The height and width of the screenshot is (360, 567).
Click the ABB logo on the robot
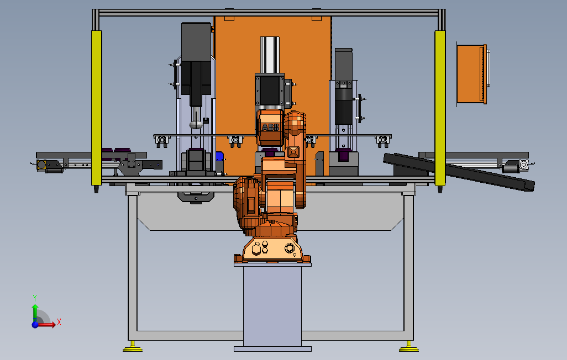(270, 127)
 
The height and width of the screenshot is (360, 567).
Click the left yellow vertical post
(96, 108)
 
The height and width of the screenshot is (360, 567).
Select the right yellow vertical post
(440, 108)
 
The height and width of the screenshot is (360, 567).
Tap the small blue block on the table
(219, 156)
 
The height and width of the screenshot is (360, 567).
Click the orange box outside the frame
(471, 74)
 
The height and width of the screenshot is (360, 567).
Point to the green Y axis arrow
(35, 311)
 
